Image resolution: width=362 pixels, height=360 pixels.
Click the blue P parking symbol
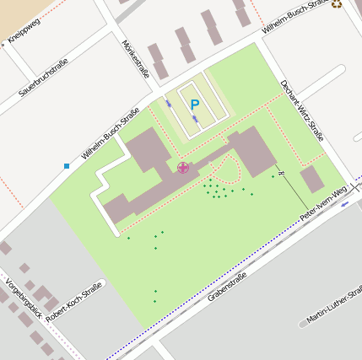click(195, 105)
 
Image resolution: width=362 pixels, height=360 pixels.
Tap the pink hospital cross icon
click(183, 168)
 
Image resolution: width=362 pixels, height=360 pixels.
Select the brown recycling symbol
click(338, 4)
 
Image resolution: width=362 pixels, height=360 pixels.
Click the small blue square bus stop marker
click(67, 165)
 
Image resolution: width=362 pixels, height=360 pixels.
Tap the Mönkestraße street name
click(136, 59)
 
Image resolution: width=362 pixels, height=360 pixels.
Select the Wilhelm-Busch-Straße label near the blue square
click(111, 138)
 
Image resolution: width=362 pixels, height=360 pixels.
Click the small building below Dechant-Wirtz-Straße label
click(312, 180)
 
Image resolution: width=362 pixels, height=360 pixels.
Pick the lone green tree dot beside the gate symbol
click(273, 176)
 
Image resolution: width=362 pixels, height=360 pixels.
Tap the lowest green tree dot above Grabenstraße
click(155, 300)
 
